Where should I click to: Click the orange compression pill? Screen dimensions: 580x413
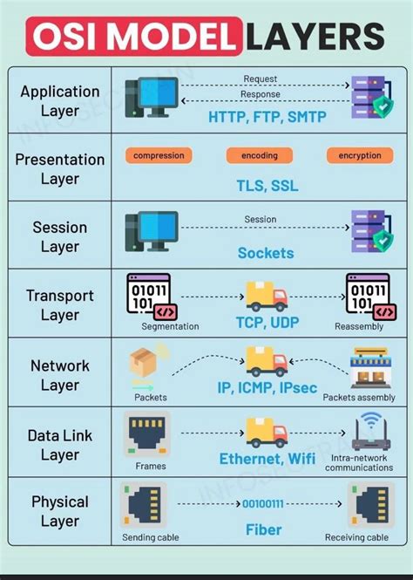159,155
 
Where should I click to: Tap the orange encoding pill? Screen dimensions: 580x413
259,155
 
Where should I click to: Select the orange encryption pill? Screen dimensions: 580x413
360,155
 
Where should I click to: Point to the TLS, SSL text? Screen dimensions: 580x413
267,186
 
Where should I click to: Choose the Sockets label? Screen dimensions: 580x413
266,254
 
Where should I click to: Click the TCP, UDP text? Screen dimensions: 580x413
267,322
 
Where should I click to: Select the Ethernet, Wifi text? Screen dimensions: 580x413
267,459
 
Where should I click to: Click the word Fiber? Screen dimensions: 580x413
262,529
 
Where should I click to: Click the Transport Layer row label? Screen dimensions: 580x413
59,305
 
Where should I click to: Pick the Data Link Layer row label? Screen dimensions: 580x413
59,445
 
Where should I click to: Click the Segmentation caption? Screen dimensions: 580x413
170,327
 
